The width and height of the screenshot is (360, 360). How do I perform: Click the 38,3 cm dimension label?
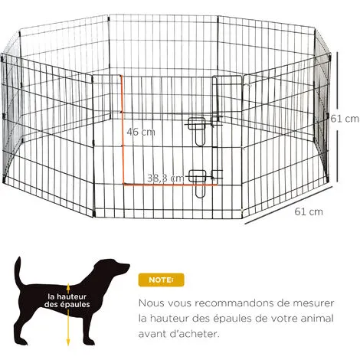[165, 178]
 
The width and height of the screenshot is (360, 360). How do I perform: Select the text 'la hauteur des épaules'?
[67, 299]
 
